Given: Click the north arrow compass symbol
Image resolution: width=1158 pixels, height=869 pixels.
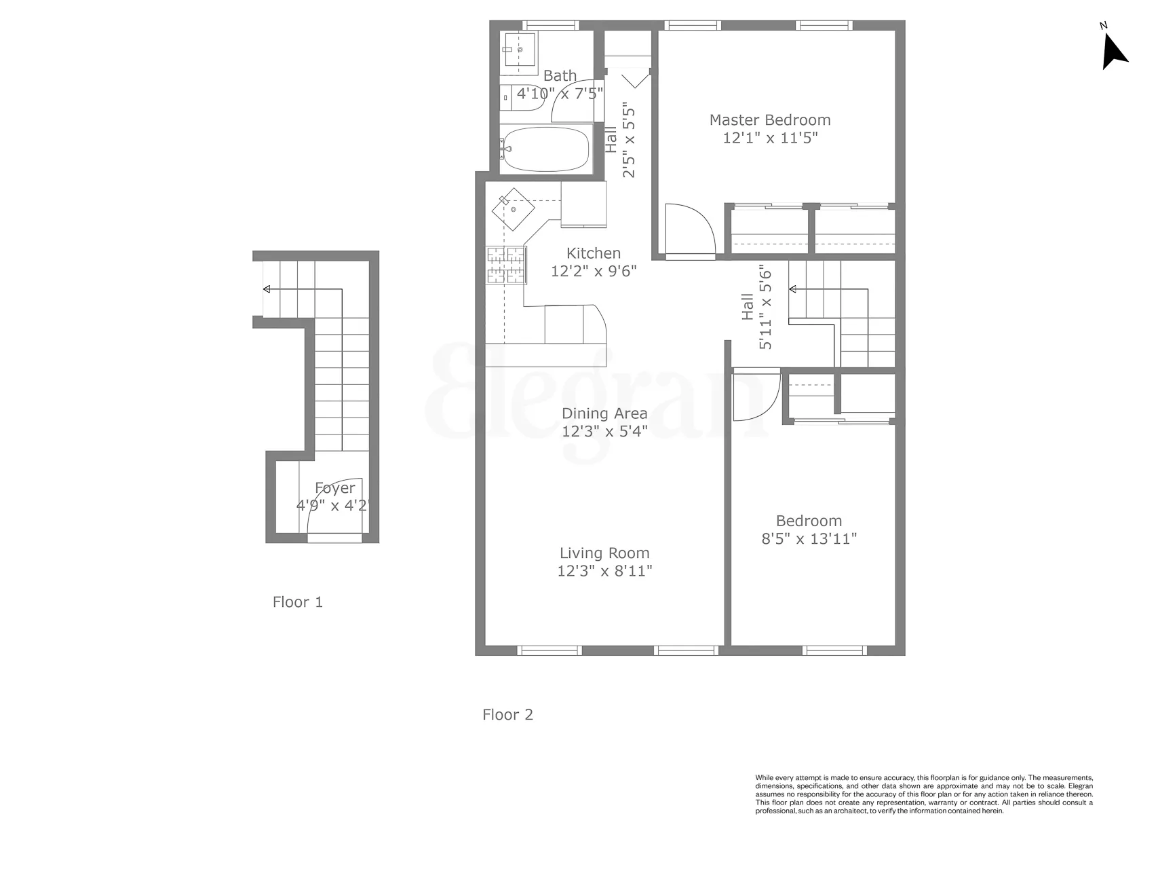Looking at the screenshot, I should click(x=1113, y=52).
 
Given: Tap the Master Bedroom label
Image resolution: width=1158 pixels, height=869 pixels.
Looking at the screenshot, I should click(x=770, y=120).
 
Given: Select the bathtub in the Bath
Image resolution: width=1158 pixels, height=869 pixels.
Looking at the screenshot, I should click(x=546, y=149).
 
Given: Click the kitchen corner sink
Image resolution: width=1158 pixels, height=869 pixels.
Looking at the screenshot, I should click(x=514, y=209).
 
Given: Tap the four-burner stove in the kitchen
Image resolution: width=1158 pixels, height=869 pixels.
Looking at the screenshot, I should click(x=506, y=265).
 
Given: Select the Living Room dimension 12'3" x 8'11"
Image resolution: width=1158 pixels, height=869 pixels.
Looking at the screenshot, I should click(x=604, y=571).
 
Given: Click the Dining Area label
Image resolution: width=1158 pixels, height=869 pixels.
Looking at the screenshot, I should click(x=604, y=413).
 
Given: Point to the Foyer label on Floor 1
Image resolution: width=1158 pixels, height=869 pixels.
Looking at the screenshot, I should click(x=334, y=488).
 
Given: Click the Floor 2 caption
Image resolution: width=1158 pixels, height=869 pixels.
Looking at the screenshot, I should click(x=507, y=714).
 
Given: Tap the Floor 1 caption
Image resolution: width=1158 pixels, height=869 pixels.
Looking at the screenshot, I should click(x=297, y=602).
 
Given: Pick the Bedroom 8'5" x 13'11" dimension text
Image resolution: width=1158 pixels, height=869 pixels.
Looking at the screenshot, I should click(x=809, y=539).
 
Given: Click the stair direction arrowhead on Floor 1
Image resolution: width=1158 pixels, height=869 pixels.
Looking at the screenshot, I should click(x=267, y=290).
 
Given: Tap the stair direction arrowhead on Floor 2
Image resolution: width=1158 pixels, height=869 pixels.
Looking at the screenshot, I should click(x=792, y=290).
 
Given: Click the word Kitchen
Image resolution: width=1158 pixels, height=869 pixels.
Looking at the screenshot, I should click(x=594, y=253).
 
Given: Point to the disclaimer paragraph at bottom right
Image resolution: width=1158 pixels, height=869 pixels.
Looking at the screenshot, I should click(x=924, y=794).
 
